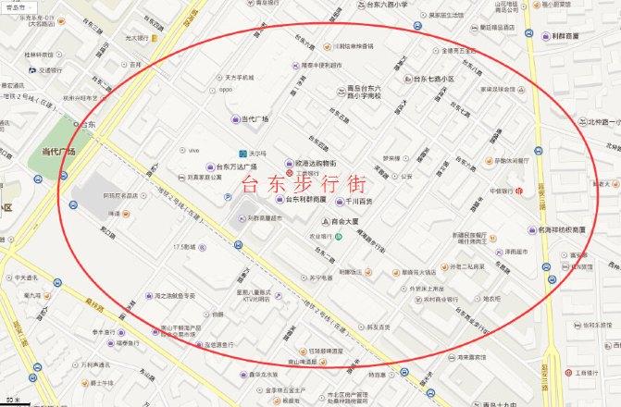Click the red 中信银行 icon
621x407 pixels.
520,191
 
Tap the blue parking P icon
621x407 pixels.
229,197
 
